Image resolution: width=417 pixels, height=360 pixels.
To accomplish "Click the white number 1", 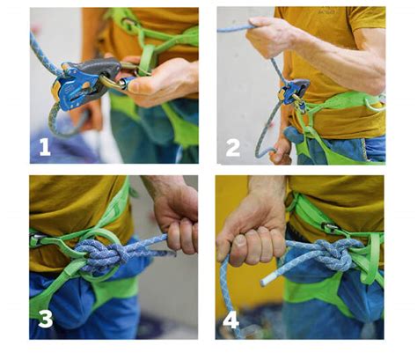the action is pyautogui.click(x=45, y=147).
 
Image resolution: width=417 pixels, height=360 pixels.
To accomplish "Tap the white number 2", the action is pyautogui.click(x=233, y=148).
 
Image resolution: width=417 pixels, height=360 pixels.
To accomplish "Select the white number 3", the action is pyautogui.click(x=46, y=319).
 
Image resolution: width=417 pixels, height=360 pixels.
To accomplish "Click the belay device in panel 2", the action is pyautogui.click(x=293, y=90).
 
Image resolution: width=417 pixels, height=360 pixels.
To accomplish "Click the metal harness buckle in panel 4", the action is pyautogui.click(x=331, y=227).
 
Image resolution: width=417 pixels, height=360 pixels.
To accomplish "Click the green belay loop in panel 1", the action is pyautogui.click(x=147, y=59).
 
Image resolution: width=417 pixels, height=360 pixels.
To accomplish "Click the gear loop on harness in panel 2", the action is pyautogui.click(x=374, y=104).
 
